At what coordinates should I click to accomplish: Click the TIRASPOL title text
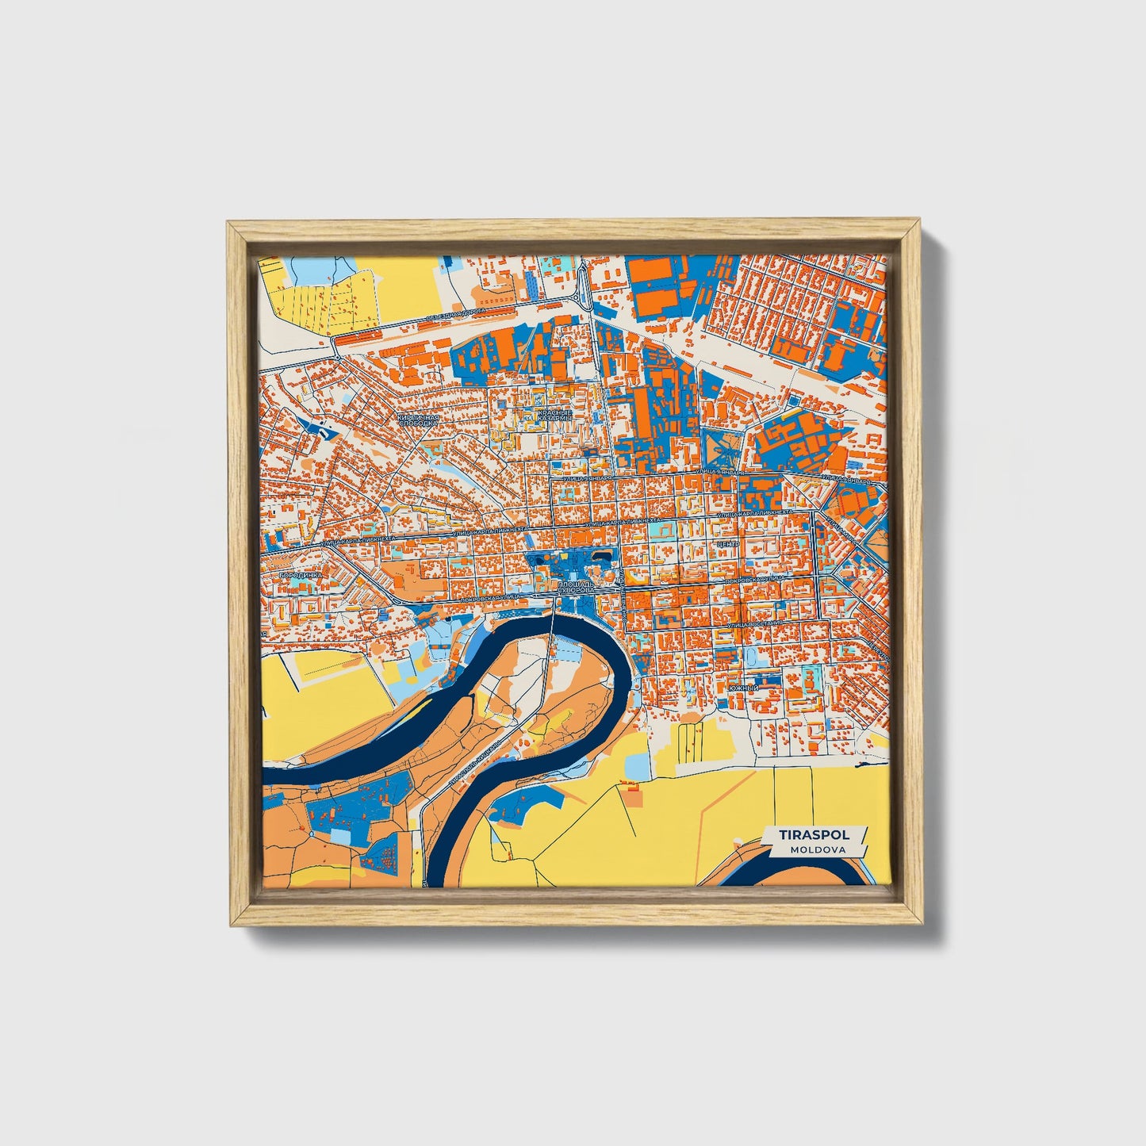click(x=814, y=835)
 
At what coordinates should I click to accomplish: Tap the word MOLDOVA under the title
click(x=817, y=849)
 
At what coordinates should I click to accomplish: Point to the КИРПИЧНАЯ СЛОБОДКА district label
click(x=419, y=420)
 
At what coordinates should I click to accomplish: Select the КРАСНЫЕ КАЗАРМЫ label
click(x=554, y=415)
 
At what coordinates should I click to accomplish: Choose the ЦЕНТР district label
click(x=726, y=544)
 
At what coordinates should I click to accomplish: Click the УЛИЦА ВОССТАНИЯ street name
click(x=755, y=625)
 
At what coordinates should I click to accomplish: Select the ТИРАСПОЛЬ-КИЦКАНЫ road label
click(x=473, y=763)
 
